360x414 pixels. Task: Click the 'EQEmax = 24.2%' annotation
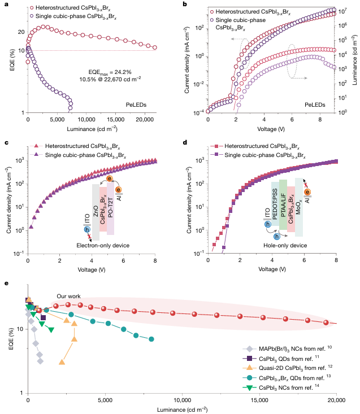point(106,72)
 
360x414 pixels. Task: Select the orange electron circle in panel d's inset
point(307,193)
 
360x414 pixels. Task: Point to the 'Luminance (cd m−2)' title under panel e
point(182,409)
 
